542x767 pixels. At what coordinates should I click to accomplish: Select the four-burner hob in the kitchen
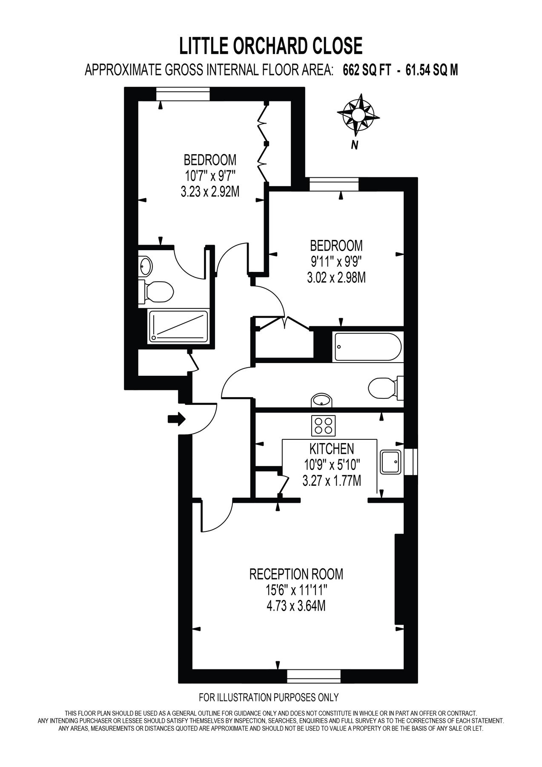(324, 425)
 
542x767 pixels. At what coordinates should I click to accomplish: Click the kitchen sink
(390, 462)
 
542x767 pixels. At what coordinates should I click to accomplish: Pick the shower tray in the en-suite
(178, 326)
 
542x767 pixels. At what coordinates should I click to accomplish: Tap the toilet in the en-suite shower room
(157, 292)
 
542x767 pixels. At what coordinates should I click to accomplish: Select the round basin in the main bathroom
(321, 400)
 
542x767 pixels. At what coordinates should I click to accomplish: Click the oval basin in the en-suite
(146, 267)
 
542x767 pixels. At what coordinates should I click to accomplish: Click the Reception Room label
(296, 574)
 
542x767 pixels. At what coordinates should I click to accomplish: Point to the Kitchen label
(331, 448)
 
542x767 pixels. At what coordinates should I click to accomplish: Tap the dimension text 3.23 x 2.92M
(209, 192)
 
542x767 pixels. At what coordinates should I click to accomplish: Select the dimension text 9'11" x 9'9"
(336, 262)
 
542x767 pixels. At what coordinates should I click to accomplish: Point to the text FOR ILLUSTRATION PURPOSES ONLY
(269, 697)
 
